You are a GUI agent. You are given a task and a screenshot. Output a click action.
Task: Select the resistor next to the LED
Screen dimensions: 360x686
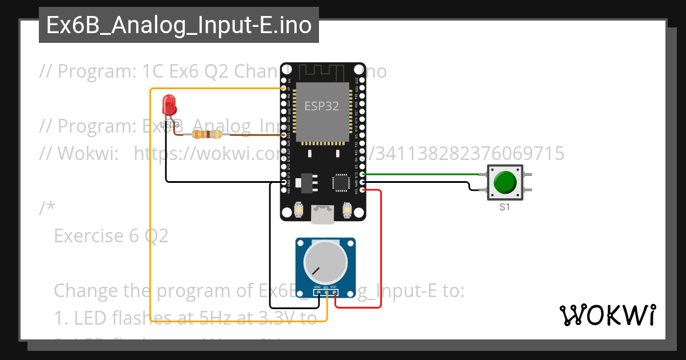pos(205,135)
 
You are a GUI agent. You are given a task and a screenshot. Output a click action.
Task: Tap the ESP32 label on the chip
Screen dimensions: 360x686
pos(321,106)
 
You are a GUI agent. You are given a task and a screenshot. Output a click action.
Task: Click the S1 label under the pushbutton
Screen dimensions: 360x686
pos(504,207)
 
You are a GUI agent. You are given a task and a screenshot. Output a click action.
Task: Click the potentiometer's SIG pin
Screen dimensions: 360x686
pos(326,293)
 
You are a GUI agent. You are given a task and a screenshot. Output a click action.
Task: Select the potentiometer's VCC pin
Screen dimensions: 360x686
pos(334,293)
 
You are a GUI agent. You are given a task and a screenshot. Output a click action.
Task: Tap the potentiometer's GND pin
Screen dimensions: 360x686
pos(317,293)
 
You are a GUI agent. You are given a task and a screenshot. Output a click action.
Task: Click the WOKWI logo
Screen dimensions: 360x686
pos(607,315)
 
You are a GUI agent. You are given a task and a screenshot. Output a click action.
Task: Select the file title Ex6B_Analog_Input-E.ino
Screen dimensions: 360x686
pos(179,26)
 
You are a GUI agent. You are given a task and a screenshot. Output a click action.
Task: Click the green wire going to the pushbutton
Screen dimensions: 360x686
pos(423,174)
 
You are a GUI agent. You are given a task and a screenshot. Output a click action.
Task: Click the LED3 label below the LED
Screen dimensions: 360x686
pos(170,124)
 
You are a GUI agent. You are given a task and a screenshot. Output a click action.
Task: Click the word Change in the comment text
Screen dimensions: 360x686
pos(86,291)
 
